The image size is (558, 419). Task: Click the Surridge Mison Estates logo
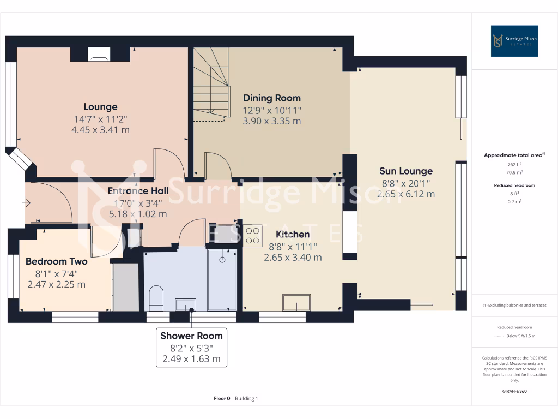coord(514,41)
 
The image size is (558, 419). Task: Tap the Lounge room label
coord(100,107)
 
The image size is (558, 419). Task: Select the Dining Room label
coord(271,98)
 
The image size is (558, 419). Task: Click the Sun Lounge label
coord(406,171)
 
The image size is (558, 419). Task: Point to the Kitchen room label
coord(293,235)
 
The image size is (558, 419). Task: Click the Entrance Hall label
coord(137,191)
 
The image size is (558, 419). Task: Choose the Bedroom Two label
coord(56,261)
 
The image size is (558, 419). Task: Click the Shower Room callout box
coord(191,347)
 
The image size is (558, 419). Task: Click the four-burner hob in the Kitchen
coord(252,235)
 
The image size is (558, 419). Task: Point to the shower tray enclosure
coord(222,280)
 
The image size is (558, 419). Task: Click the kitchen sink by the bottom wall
coord(296,302)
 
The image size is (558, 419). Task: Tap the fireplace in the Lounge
coord(98,53)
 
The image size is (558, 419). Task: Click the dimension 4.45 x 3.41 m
coord(100,130)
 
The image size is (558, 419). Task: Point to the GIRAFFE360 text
coord(514,391)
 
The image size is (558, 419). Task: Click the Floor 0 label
coord(222,398)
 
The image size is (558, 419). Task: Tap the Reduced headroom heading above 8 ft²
coord(514,185)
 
